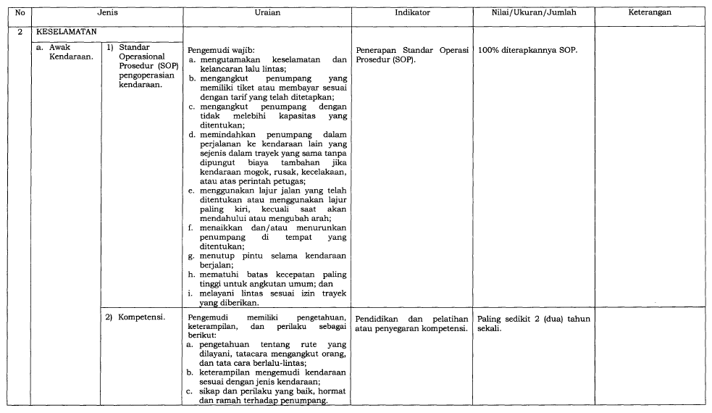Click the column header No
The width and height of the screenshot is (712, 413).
point(20,12)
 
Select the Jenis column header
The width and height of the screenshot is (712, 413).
point(108,12)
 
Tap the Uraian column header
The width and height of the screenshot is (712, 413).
point(267,12)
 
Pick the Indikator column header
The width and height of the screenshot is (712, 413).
point(412,12)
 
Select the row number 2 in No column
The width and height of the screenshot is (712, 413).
point(20,33)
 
